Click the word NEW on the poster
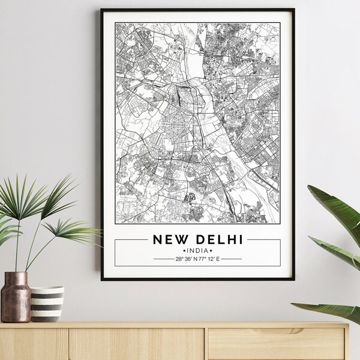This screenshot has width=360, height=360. coord(169,239)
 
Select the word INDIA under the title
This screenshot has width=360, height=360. coord(198,250)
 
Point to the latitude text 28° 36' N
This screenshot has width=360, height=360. coord(185,259)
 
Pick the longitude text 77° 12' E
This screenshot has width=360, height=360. coord(209,259)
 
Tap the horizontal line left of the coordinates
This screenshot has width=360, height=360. coord(163,259)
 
